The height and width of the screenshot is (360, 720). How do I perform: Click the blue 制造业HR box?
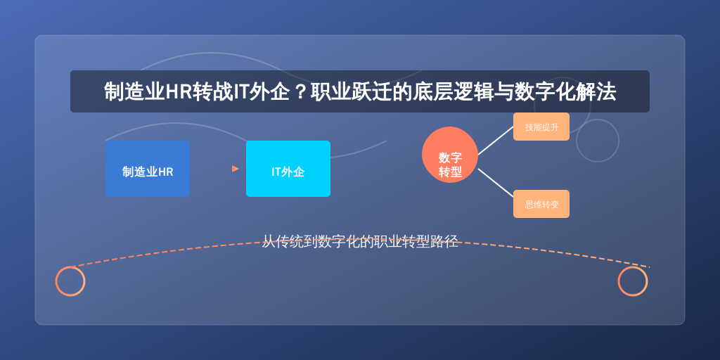148,169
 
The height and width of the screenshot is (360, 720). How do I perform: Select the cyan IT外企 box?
288,169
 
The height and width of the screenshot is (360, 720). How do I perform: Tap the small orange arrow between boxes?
235,169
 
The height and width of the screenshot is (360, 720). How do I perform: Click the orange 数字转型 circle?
450,155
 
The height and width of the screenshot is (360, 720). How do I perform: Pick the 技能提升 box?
541,127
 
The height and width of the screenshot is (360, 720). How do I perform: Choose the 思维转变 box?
541,204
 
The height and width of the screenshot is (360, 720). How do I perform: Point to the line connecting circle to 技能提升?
496,141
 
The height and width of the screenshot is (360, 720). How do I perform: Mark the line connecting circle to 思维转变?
496,183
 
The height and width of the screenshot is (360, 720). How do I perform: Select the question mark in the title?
300,92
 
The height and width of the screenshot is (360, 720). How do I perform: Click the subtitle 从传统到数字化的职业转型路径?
360,241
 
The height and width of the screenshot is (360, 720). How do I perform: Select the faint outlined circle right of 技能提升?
598,120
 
